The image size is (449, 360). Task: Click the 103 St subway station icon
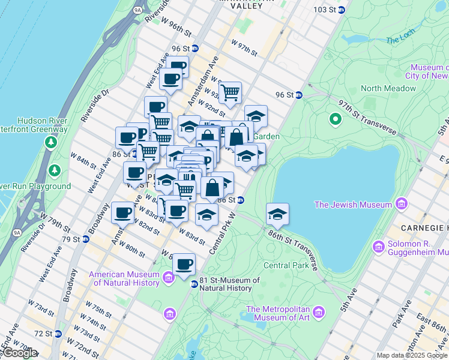click(x=342, y=10)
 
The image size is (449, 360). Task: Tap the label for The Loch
click(x=400, y=40)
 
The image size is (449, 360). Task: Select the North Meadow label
click(x=388, y=88)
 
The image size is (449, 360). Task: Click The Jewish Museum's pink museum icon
click(x=400, y=205)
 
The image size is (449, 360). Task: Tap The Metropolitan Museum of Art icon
click(x=319, y=312)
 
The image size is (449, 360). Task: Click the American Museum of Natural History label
click(x=125, y=279)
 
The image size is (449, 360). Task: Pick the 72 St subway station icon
click(x=58, y=333)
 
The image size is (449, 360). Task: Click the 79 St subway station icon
click(x=86, y=239)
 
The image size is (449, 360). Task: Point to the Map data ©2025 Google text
click(x=412, y=355)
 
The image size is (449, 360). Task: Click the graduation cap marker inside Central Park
click(x=277, y=214)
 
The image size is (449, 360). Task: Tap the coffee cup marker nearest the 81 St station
click(x=184, y=263)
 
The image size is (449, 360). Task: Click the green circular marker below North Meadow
click(x=336, y=119)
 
